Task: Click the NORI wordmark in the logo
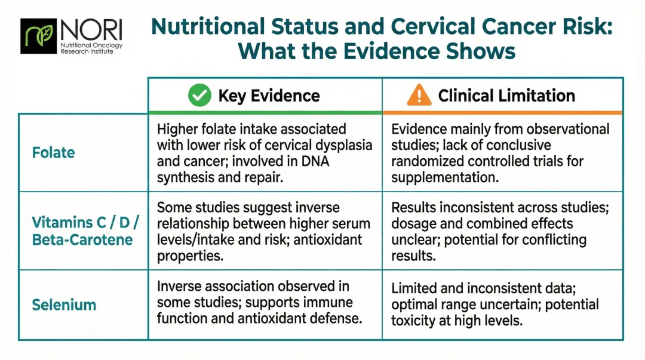coord(91,29)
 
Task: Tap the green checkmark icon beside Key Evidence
coord(199,96)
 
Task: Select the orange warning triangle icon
coord(419,96)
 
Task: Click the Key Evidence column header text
coord(269,96)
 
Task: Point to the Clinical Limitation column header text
coord(506,96)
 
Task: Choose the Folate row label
coord(53,153)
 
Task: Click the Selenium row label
coord(64,304)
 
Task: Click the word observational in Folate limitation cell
coord(563,130)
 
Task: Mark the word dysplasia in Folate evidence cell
coord(345,145)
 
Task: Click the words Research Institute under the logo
coord(87,51)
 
